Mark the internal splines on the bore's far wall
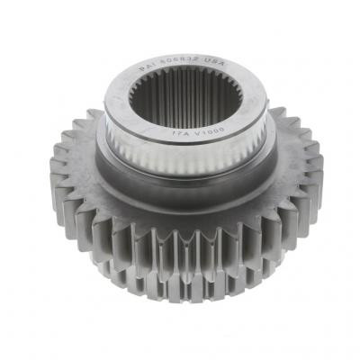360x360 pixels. (x=184, y=85)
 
